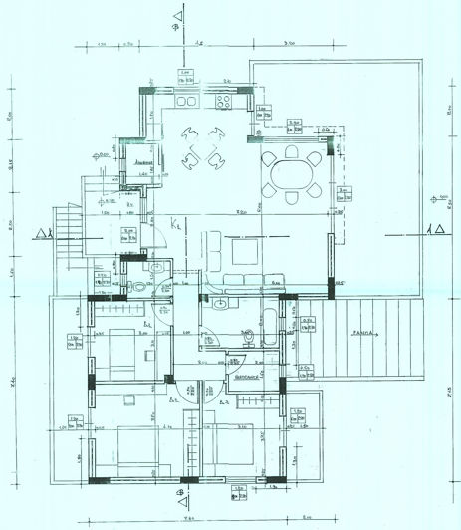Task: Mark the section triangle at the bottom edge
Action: [179, 492]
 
